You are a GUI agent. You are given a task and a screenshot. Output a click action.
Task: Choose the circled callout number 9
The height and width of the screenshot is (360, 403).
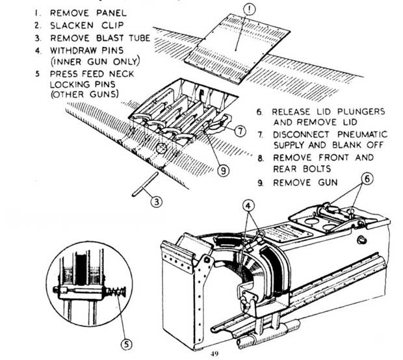[x=223, y=171]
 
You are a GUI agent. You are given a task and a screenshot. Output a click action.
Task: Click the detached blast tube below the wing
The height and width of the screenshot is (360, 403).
[x=141, y=184]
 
